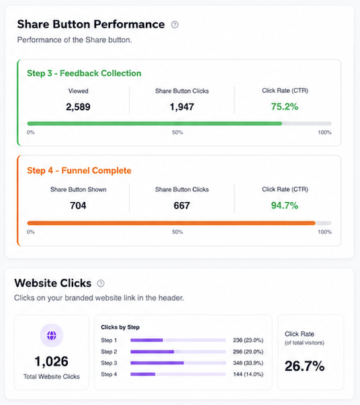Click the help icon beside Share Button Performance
tap(175, 25)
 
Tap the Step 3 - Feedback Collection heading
tap(84, 73)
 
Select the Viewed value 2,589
tap(78, 107)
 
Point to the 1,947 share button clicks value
tap(182, 107)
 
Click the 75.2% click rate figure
tap(285, 107)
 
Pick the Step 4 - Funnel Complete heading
tap(79, 171)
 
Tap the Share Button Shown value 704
tap(78, 206)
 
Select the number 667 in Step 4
tap(182, 206)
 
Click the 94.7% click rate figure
tap(285, 206)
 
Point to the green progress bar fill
tap(154, 124)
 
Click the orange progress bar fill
tap(171, 223)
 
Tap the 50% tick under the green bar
tap(177, 132)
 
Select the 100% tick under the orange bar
tap(324, 232)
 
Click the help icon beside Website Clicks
tap(101, 283)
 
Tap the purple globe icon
tap(52, 336)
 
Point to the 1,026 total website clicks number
tap(52, 361)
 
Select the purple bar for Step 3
tap(157, 363)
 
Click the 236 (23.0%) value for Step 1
tap(249, 340)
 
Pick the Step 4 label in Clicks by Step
tap(109, 374)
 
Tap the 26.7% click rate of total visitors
tap(304, 366)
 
